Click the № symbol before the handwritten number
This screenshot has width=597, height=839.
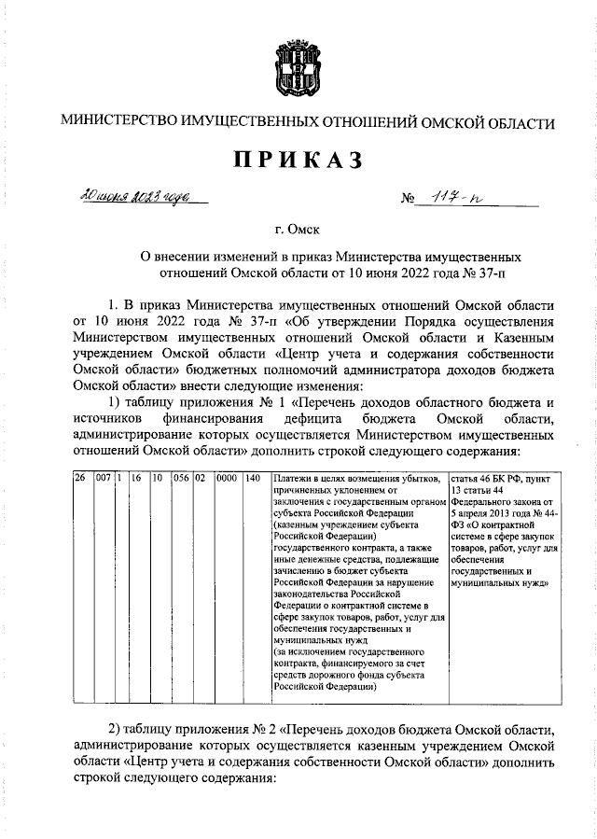click(407, 200)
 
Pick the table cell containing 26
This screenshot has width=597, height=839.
click(80, 478)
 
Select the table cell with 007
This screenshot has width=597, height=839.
click(103, 478)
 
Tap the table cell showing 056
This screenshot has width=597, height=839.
click(181, 478)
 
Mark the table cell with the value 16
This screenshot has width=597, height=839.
click(136, 478)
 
